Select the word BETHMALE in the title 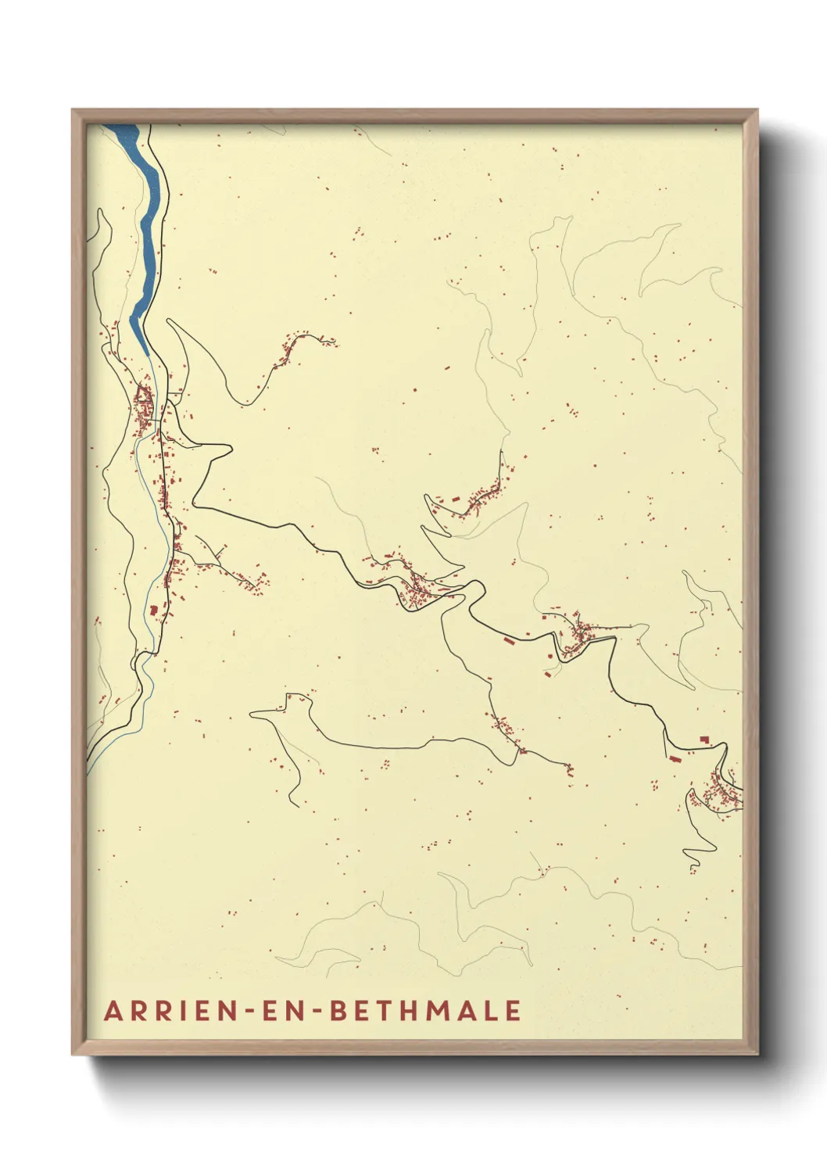[425, 1010]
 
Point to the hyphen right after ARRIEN [248, 1012]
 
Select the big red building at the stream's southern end [154, 610]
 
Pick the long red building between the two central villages [509, 641]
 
